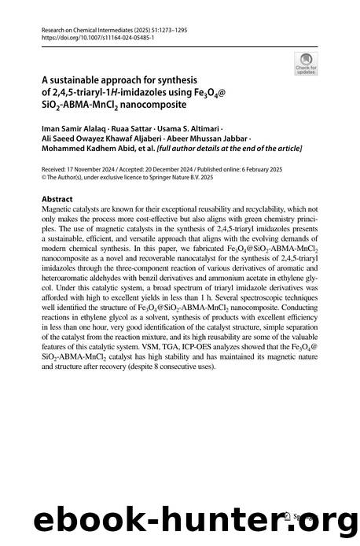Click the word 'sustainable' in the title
pos(80,79)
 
